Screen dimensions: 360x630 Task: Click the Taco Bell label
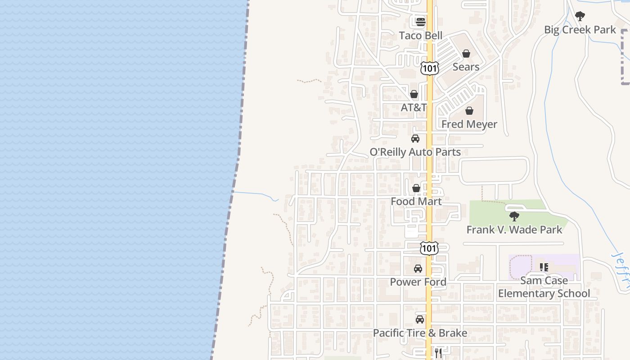421,36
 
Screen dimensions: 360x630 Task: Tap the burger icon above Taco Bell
421,22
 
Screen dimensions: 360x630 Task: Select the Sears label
466,67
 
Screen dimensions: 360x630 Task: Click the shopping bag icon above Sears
466,54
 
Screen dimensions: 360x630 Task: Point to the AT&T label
414,108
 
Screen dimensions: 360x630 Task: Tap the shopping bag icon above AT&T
414,94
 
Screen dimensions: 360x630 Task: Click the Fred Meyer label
469,124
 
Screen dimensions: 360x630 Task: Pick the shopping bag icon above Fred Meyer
469,111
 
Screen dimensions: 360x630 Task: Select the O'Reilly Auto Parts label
415,152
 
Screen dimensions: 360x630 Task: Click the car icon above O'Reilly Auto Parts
415,139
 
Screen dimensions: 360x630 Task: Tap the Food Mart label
416,201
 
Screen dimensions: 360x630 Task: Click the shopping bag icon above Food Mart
416,188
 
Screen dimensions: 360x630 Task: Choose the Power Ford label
418,282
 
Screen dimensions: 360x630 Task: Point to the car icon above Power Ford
418,269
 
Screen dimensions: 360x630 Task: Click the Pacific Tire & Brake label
420,333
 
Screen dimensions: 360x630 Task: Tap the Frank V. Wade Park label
514,230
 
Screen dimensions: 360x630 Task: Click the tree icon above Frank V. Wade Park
514,216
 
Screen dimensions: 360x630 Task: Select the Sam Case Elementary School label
544,287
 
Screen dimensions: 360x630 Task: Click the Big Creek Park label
580,30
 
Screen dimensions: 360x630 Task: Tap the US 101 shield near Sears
429,68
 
